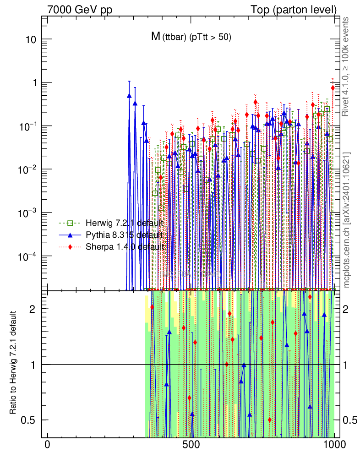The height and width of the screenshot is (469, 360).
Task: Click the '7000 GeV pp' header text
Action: click(x=80, y=10)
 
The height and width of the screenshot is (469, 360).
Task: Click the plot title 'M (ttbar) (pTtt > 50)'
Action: click(x=191, y=38)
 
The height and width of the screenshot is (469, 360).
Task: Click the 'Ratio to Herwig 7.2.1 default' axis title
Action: click(x=14, y=364)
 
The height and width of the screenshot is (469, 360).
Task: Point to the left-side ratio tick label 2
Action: click(x=33, y=309)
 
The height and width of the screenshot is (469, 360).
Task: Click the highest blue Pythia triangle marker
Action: click(x=129, y=96)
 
